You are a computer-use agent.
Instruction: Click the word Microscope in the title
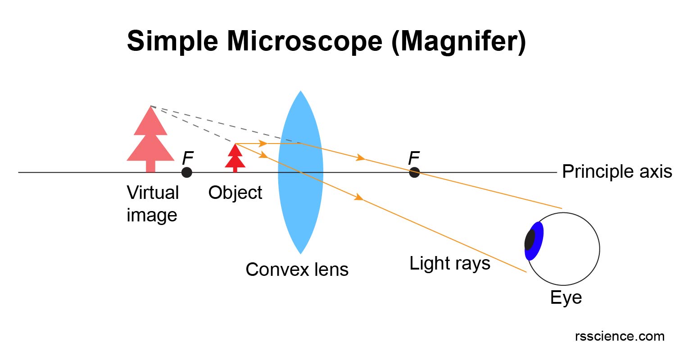click(x=304, y=41)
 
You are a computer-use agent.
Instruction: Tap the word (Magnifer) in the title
click(x=458, y=41)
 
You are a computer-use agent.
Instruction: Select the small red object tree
click(x=235, y=157)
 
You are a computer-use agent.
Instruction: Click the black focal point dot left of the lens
click(x=186, y=172)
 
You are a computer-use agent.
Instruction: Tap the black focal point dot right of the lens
click(x=414, y=172)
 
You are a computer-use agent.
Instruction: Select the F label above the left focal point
click(x=187, y=158)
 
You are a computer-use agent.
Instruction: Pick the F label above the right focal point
click(x=413, y=158)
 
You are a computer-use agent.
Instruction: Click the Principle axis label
click(x=617, y=172)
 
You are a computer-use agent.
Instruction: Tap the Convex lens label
click(x=297, y=270)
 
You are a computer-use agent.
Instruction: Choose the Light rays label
click(x=449, y=263)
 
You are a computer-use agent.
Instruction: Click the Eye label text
click(x=566, y=298)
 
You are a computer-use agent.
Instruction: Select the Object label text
click(x=235, y=193)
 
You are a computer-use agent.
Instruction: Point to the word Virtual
click(x=153, y=193)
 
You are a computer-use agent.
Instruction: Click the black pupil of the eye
click(x=530, y=239)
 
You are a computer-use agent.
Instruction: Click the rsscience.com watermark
click(x=619, y=336)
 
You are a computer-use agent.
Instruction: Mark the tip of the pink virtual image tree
click(x=150, y=107)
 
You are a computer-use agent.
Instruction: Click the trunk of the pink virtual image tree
click(x=150, y=166)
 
